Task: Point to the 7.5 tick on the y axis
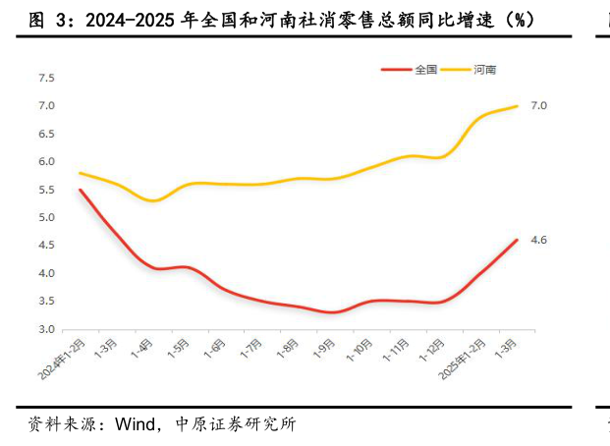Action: (x=46, y=78)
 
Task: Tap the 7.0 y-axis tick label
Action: (x=46, y=106)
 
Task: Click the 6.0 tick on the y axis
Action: (x=46, y=162)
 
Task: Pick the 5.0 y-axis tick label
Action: (x=46, y=218)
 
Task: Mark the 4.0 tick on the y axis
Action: (x=46, y=274)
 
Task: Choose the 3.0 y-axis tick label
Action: (x=46, y=330)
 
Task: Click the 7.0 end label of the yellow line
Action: (x=538, y=106)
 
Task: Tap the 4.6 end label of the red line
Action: (x=538, y=241)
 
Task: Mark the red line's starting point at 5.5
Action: (x=80, y=190)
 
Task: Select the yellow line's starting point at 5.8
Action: (x=80, y=173)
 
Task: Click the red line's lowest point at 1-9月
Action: (x=332, y=312)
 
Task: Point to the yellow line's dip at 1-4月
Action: (x=152, y=200)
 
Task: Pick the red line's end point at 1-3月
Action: (x=517, y=240)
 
